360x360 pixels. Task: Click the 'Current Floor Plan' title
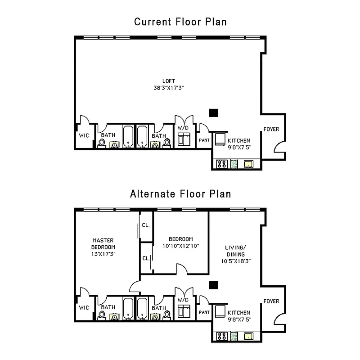(x=180, y=22)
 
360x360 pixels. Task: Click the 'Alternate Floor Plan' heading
(x=180, y=194)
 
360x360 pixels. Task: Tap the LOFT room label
(x=169, y=81)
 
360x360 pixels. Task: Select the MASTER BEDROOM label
(x=103, y=243)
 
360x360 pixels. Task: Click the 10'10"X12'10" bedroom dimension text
(x=181, y=246)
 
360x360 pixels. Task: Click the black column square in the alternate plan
(x=214, y=284)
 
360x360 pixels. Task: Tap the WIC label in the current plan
(x=84, y=135)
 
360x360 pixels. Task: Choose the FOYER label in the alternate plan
(x=271, y=301)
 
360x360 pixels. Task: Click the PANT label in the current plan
(x=204, y=140)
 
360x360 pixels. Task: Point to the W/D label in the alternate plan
(x=183, y=300)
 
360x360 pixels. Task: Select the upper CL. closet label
(x=146, y=225)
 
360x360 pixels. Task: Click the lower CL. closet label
(x=146, y=258)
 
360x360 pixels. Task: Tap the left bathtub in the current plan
(x=128, y=136)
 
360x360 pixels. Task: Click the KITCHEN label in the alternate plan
(x=239, y=313)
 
